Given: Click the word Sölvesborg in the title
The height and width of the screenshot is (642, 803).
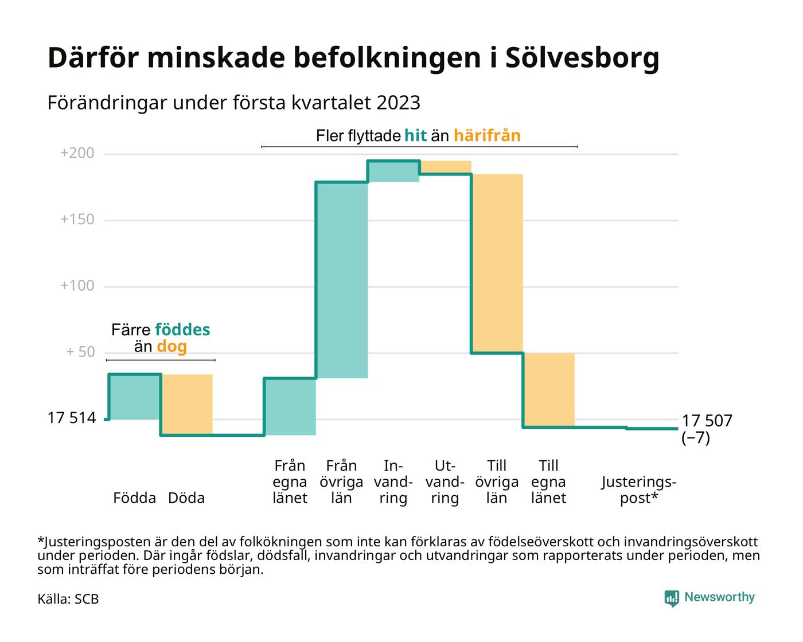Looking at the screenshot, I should tap(582, 58).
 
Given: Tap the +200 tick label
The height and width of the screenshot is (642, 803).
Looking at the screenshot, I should tap(77, 154).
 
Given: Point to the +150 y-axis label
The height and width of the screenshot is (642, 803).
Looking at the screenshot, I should tap(77, 220).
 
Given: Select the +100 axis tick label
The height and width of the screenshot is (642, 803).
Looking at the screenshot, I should tap(77, 286).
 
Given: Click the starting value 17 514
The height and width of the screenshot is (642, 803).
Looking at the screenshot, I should tap(71, 418).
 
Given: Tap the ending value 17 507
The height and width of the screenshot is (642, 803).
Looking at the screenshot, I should tap(707, 421).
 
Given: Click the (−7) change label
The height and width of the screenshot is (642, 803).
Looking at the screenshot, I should tap(695, 439).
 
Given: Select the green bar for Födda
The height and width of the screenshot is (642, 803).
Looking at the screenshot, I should tap(135, 397).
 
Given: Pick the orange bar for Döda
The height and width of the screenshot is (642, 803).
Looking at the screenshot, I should tap(187, 404).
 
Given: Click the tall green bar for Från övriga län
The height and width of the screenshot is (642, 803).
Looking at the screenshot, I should tap(342, 280).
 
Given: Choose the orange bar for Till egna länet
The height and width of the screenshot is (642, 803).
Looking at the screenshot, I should tap(549, 390).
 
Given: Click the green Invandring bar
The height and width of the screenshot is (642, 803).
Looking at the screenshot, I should tap(393, 171).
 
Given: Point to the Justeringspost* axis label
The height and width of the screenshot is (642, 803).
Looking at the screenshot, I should tap(638, 490).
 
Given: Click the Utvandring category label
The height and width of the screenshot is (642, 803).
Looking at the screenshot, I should tap(445, 482).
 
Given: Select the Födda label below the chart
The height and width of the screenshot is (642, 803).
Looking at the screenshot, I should tap(135, 498).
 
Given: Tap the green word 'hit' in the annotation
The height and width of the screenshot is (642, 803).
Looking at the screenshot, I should tap(415, 136).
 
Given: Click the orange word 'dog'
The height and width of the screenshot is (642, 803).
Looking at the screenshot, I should tap(171, 347).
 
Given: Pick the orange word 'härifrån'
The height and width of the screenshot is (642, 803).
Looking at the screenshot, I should tap(487, 136).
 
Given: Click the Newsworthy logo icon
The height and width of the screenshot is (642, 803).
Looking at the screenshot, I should tap(672, 598).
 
